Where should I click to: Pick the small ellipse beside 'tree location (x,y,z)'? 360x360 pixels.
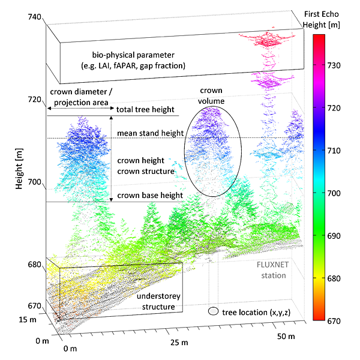pyautogui.click(x=213, y=311)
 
